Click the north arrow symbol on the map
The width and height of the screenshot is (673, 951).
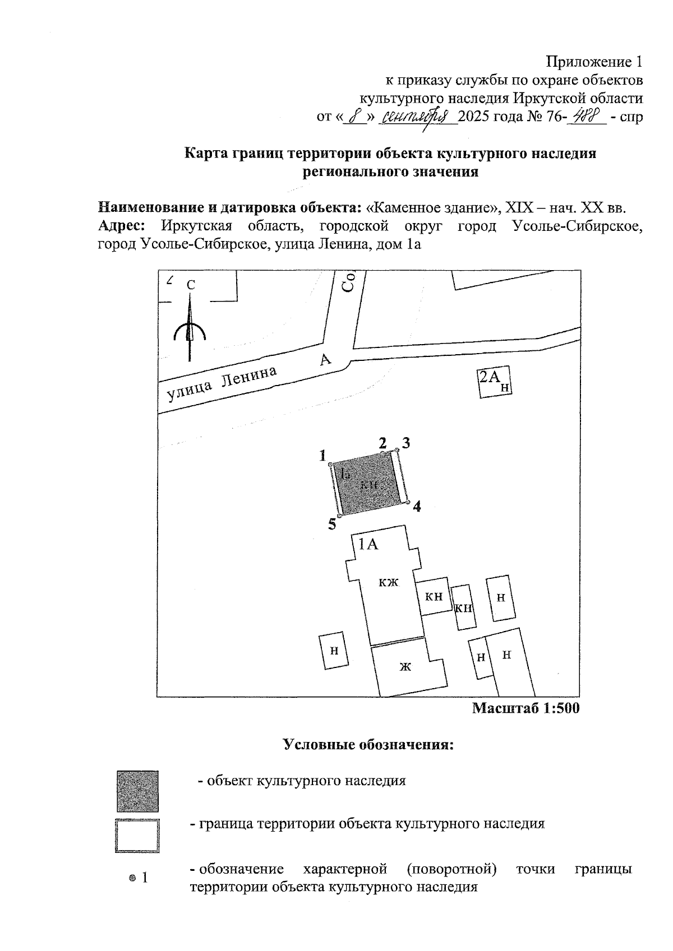190,331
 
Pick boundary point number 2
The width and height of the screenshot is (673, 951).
384,452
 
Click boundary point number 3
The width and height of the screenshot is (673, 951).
397,449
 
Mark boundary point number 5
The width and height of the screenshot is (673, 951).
339,516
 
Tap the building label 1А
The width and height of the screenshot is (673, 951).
368,544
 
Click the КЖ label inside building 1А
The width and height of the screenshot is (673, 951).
388,583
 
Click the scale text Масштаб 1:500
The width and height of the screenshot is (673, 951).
526,708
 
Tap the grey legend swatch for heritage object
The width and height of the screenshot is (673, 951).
137,791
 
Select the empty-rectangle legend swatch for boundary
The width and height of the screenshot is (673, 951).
137,836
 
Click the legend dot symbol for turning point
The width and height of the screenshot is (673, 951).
132,878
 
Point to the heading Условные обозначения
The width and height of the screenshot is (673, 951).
368,745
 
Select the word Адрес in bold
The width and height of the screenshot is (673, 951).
122,226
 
